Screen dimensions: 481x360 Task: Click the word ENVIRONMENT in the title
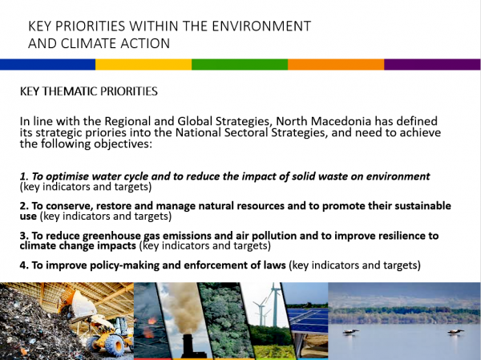(x=261, y=26)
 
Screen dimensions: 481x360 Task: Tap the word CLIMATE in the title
(x=89, y=43)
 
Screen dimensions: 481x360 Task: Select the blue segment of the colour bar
(x=48, y=64)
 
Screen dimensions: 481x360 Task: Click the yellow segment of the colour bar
(x=143, y=64)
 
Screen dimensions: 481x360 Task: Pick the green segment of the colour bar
(x=240, y=64)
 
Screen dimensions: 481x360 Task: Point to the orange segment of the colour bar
(x=336, y=64)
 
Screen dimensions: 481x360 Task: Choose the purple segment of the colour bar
(x=432, y=64)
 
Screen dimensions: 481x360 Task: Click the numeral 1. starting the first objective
(x=24, y=176)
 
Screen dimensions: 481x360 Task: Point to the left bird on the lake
(x=350, y=332)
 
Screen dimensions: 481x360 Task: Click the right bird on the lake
(x=455, y=332)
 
